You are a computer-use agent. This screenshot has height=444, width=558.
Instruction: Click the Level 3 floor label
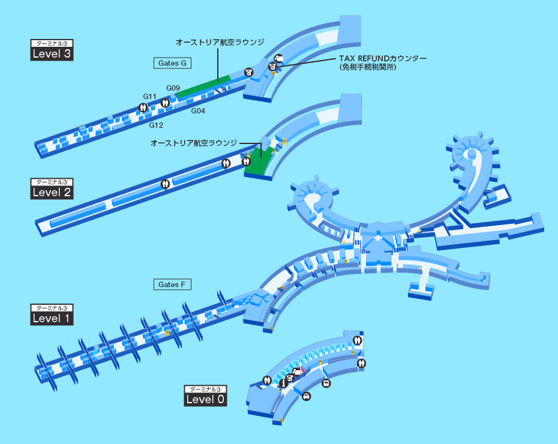pos(52,54)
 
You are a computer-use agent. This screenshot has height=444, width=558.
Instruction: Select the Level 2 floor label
pos(52,192)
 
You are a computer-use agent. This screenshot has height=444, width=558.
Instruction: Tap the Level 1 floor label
pos(52,318)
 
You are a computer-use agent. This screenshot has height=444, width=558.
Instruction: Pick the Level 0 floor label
pos(206,399)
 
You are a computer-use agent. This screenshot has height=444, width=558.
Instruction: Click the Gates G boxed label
pos(173,63)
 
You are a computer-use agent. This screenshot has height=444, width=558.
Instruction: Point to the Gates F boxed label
pos(172,284)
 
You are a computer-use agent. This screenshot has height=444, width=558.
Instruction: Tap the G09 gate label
pos(173,88)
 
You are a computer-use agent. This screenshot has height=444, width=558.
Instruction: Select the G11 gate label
pos(149,96)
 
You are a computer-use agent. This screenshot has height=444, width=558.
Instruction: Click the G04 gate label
pos(199,110)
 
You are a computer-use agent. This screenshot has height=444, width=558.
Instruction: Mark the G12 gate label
pos(156,125)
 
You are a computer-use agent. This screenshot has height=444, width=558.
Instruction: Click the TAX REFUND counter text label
pos(382,58)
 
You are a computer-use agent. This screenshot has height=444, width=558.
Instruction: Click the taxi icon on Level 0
pos(306,396)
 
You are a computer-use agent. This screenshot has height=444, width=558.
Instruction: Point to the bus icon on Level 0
pos(326,383)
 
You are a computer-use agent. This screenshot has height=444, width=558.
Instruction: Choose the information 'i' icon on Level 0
pos(283,383)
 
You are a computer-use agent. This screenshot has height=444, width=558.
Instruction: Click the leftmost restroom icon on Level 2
pos(165,184)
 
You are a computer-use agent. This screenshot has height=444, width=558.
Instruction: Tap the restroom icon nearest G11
pos(143,107)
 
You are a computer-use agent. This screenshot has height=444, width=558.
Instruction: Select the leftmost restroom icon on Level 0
pos(266,379)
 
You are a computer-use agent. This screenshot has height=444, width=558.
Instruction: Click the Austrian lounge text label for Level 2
pos(193,143)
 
